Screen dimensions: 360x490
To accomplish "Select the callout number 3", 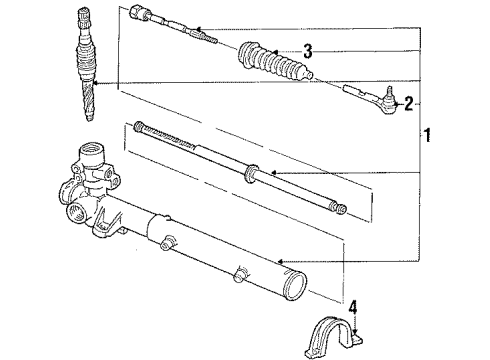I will pos(309,51).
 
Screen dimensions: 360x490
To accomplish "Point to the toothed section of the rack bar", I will pos(165,136).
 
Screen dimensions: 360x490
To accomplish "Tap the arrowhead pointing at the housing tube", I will pos(283,261).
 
